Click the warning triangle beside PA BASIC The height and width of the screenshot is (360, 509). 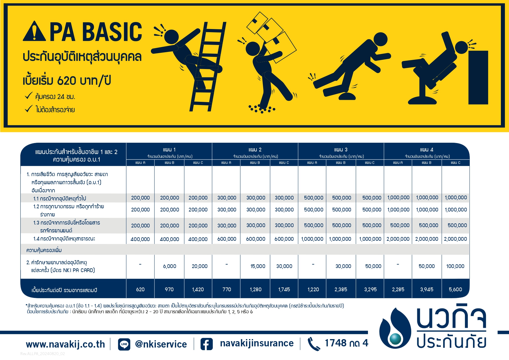(x=34, y=31)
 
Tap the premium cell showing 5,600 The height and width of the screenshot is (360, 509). (x=455, y=289)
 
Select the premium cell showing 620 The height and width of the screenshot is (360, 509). (x=140, y=289)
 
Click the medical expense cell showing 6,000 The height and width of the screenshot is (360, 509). (x=169, y=266)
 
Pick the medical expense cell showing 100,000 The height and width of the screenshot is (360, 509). (x=455, y=266)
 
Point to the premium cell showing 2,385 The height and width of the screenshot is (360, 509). (x=341, y=289)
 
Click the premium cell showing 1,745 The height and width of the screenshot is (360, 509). (x=284, y=289)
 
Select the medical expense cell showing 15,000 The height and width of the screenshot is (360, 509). (x=258, y=266)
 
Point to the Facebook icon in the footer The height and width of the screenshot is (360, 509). (x=206, y=344)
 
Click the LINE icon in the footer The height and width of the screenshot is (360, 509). (x=124, y=344)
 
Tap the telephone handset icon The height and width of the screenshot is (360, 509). (x=313, y=344)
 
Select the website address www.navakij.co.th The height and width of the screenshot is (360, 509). (x=65, y=344)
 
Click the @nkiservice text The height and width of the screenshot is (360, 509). (x=161, y=344)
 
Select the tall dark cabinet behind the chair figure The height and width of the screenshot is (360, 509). (x=478, y=77)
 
